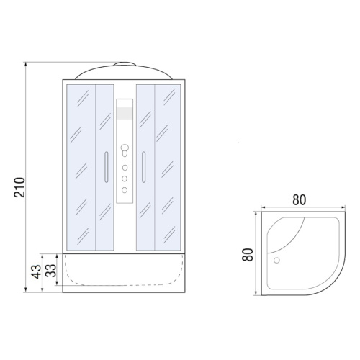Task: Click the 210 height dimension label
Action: point(19,187)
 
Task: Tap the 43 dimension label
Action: point(37,271)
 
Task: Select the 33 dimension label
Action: point(50,271)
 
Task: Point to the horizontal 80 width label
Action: point(299,199)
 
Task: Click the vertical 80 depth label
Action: point(248,254)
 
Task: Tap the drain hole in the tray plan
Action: point(276,261)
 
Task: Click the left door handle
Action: point(107,167)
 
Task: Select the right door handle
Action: point(143,167)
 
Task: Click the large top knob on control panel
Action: point(125,148)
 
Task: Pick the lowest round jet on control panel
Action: point(125,190)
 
